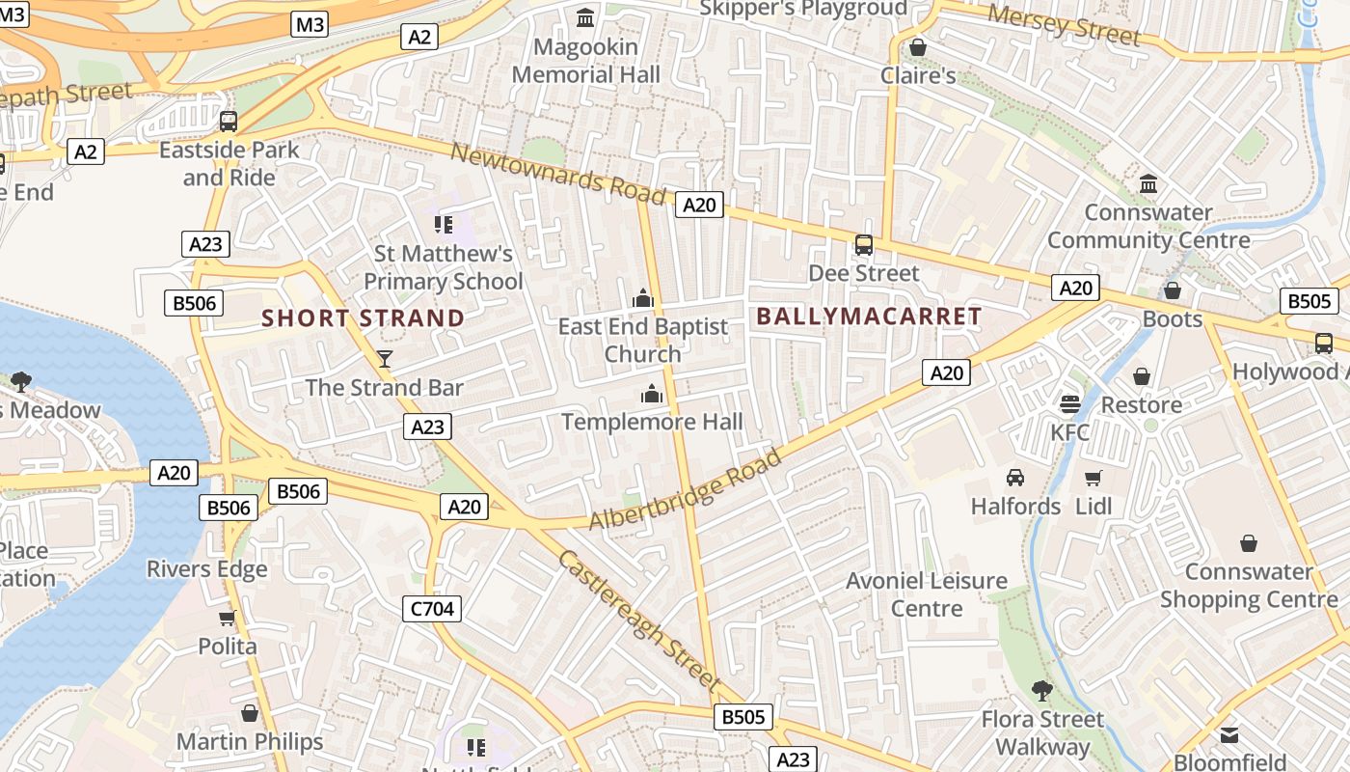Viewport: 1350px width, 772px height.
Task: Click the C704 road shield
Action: click(432, 608)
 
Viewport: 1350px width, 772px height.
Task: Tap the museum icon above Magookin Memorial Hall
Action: click(585, 17)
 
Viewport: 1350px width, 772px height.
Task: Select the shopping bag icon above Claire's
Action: click(918, 47)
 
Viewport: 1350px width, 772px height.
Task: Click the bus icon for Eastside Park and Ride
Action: click(229, 122)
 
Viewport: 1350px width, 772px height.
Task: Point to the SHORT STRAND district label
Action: click(364, 317)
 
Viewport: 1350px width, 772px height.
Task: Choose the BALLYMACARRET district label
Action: click(869, 316)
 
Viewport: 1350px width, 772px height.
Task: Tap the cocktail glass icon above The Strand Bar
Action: click(385, 359)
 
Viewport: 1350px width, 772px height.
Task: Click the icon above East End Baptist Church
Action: click(643, 299)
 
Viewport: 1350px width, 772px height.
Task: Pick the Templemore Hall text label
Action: click(652, 422)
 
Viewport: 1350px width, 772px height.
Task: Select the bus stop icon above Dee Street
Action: click(864, 245)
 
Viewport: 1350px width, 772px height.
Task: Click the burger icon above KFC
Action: click(1069, 403)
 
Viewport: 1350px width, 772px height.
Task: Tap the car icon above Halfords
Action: click(1015, 478)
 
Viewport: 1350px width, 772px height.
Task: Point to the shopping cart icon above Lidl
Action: click(1093, 478)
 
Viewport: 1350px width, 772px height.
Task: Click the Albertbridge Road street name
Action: click(686, 489)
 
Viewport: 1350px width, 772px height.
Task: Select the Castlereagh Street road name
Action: click(639, 619)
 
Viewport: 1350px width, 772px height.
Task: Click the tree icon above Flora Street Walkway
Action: click(1041, 690)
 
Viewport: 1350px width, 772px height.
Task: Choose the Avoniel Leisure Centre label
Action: click(927, 594)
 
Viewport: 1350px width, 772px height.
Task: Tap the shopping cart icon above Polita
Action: click(228, 618)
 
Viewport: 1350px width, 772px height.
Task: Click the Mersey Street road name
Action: click(1064, 24)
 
